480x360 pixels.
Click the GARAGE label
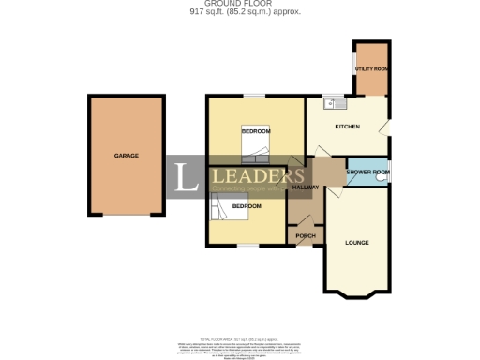pos(127,155)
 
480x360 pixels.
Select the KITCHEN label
pos(348,127)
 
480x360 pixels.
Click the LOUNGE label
pos(356,243)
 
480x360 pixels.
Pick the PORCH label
pos(305,235)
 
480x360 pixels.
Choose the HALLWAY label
pos(306,187)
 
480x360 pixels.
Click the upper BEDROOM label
pos(256,132)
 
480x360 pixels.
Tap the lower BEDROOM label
pos(247,205)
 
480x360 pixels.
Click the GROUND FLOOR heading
pos(239,5)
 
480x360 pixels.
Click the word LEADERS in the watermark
pos(253,173)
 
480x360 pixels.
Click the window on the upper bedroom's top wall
pos(254,97)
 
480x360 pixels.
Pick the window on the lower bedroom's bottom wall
pos(247,246)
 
